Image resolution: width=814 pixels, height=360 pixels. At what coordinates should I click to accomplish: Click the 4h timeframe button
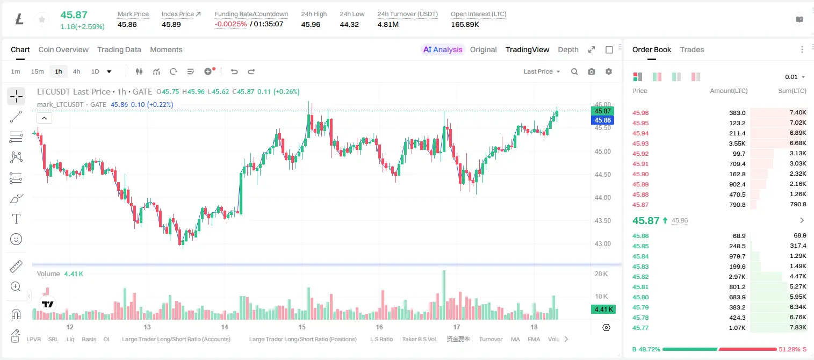point(76,71)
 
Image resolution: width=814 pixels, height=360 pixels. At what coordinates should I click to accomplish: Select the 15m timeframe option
point(37,71)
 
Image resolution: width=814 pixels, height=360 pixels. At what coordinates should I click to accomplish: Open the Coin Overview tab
point(63,49)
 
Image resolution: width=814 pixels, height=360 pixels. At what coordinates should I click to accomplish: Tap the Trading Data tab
point(119,49)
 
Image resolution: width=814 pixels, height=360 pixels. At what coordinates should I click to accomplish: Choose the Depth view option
point(568,49)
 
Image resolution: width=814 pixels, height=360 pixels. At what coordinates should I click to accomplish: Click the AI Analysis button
point(443,49)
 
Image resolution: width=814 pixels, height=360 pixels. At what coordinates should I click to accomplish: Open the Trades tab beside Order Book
point(692,49)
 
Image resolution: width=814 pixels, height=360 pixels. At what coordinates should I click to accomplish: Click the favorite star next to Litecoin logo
point(42,19)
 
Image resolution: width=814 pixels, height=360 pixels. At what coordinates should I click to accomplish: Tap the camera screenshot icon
point(592,71)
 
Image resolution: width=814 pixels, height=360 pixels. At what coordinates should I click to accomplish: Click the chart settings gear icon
point(609,71)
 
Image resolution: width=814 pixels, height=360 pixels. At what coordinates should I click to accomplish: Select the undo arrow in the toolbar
point(234,71)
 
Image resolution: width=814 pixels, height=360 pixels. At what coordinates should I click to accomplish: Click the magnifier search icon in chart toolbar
point(574,71)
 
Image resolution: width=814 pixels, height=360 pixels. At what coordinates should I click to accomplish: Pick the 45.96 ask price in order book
point(640,113)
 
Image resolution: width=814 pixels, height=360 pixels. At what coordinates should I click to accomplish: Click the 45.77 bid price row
point(640,328)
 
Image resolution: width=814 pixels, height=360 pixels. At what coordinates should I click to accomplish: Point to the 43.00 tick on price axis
point(602,244)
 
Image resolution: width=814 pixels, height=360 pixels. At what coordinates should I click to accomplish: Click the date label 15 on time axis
point(302,327)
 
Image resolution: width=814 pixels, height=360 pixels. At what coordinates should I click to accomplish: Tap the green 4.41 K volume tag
point(603,309)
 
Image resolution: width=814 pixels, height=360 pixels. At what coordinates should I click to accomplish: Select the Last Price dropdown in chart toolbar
point(542,71)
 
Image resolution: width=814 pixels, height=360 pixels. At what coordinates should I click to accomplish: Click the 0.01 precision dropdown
point(795,77)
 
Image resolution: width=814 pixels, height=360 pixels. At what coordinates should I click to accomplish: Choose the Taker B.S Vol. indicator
point(419,339)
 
